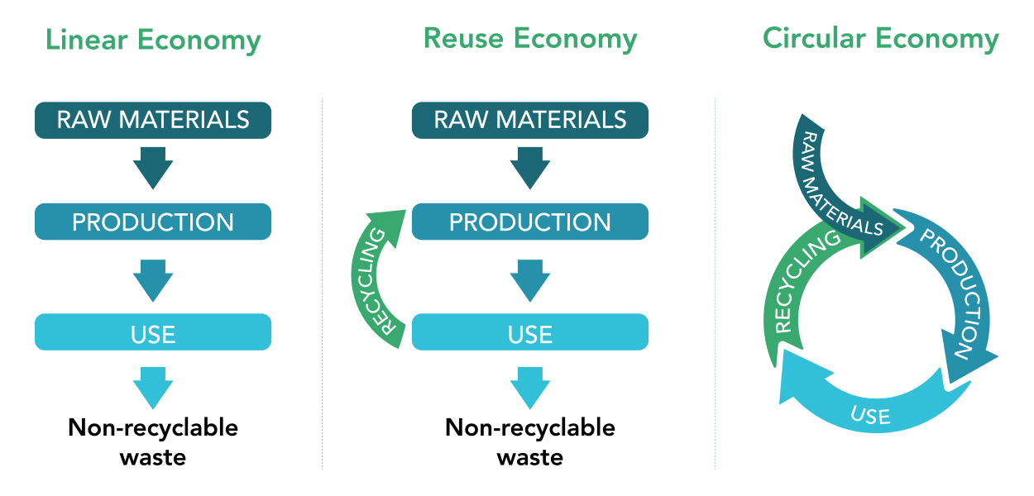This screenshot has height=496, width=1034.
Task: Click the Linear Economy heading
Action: (153, 40)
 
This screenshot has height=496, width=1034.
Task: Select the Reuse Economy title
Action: (530, 38)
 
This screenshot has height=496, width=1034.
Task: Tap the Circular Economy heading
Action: (880, 38)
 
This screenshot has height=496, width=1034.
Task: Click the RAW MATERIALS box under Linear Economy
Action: (153, 120)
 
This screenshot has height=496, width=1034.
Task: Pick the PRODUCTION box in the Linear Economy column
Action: (153, 222)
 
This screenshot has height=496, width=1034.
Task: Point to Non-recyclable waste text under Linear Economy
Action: (153, 441)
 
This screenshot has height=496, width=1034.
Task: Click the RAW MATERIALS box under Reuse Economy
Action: (530, 120)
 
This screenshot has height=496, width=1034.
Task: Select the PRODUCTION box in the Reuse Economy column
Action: (530, 222)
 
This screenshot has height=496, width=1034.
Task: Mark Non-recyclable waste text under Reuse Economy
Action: (530, 441)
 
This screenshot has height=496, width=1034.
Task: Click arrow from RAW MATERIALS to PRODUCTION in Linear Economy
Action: (153, 169)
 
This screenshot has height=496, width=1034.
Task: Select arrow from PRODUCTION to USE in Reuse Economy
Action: (530, 279)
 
